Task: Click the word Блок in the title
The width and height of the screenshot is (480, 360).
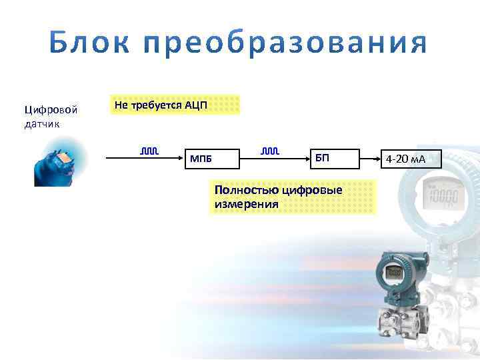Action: tap(87, 45)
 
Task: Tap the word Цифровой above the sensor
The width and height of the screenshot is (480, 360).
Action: tap(51, 109)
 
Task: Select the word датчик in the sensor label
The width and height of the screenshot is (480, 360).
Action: tap(43, 125)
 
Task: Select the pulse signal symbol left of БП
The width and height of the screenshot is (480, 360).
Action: tap(269, 152)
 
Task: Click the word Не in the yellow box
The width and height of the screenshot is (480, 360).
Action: tap(121, 105)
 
